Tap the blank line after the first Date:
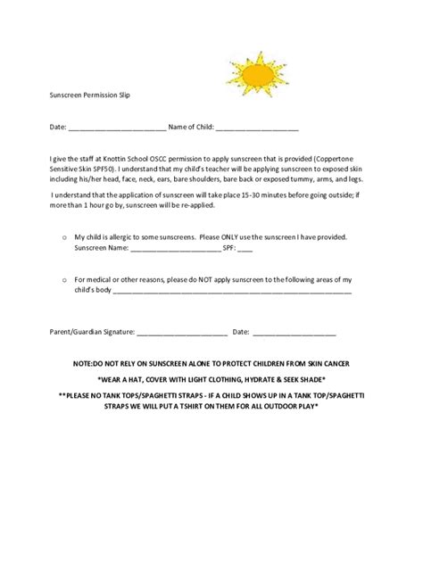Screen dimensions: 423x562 (117, 128)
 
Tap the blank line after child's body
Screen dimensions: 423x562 (232, 290)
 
